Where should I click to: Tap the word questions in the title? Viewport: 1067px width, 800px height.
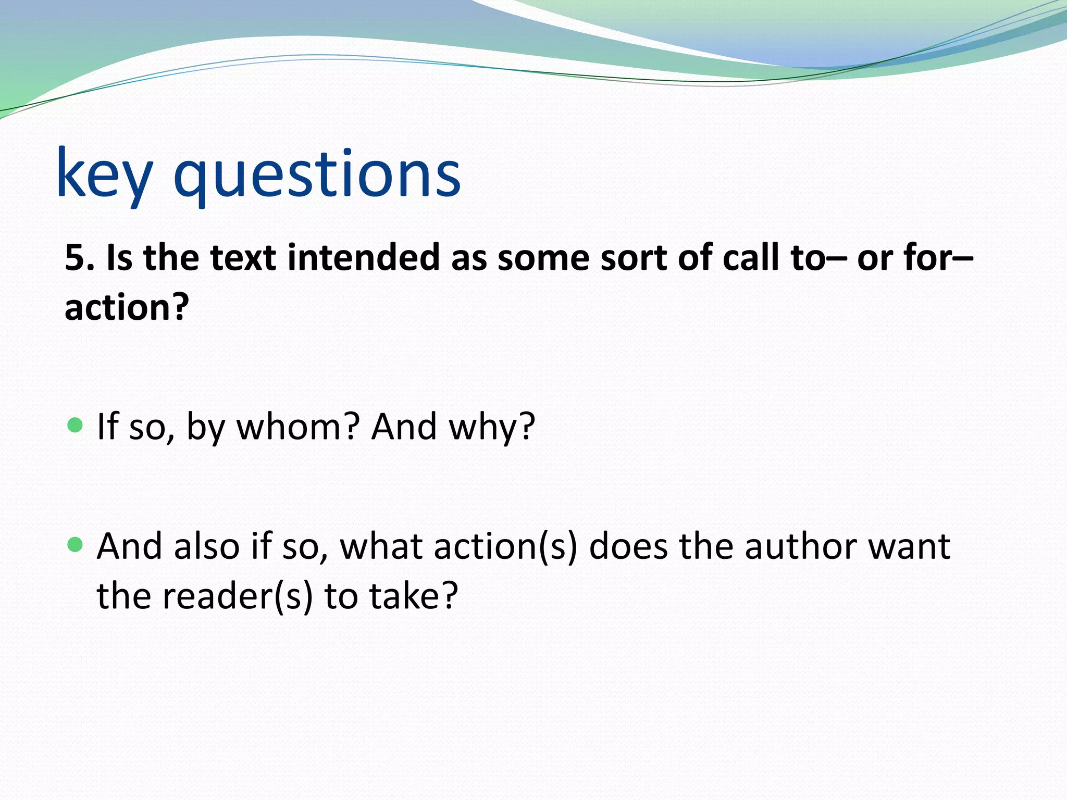317,174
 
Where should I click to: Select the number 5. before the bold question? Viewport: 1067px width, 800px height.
80,258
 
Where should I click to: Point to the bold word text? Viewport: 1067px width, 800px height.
243,258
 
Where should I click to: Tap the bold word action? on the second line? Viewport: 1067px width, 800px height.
127,307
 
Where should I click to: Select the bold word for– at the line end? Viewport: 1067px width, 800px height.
938,258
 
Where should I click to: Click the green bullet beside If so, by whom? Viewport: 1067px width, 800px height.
76,425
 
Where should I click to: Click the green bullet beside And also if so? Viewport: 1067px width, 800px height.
76,545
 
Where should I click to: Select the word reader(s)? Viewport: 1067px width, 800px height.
238,596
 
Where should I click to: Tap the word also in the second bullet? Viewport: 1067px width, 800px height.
206,547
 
